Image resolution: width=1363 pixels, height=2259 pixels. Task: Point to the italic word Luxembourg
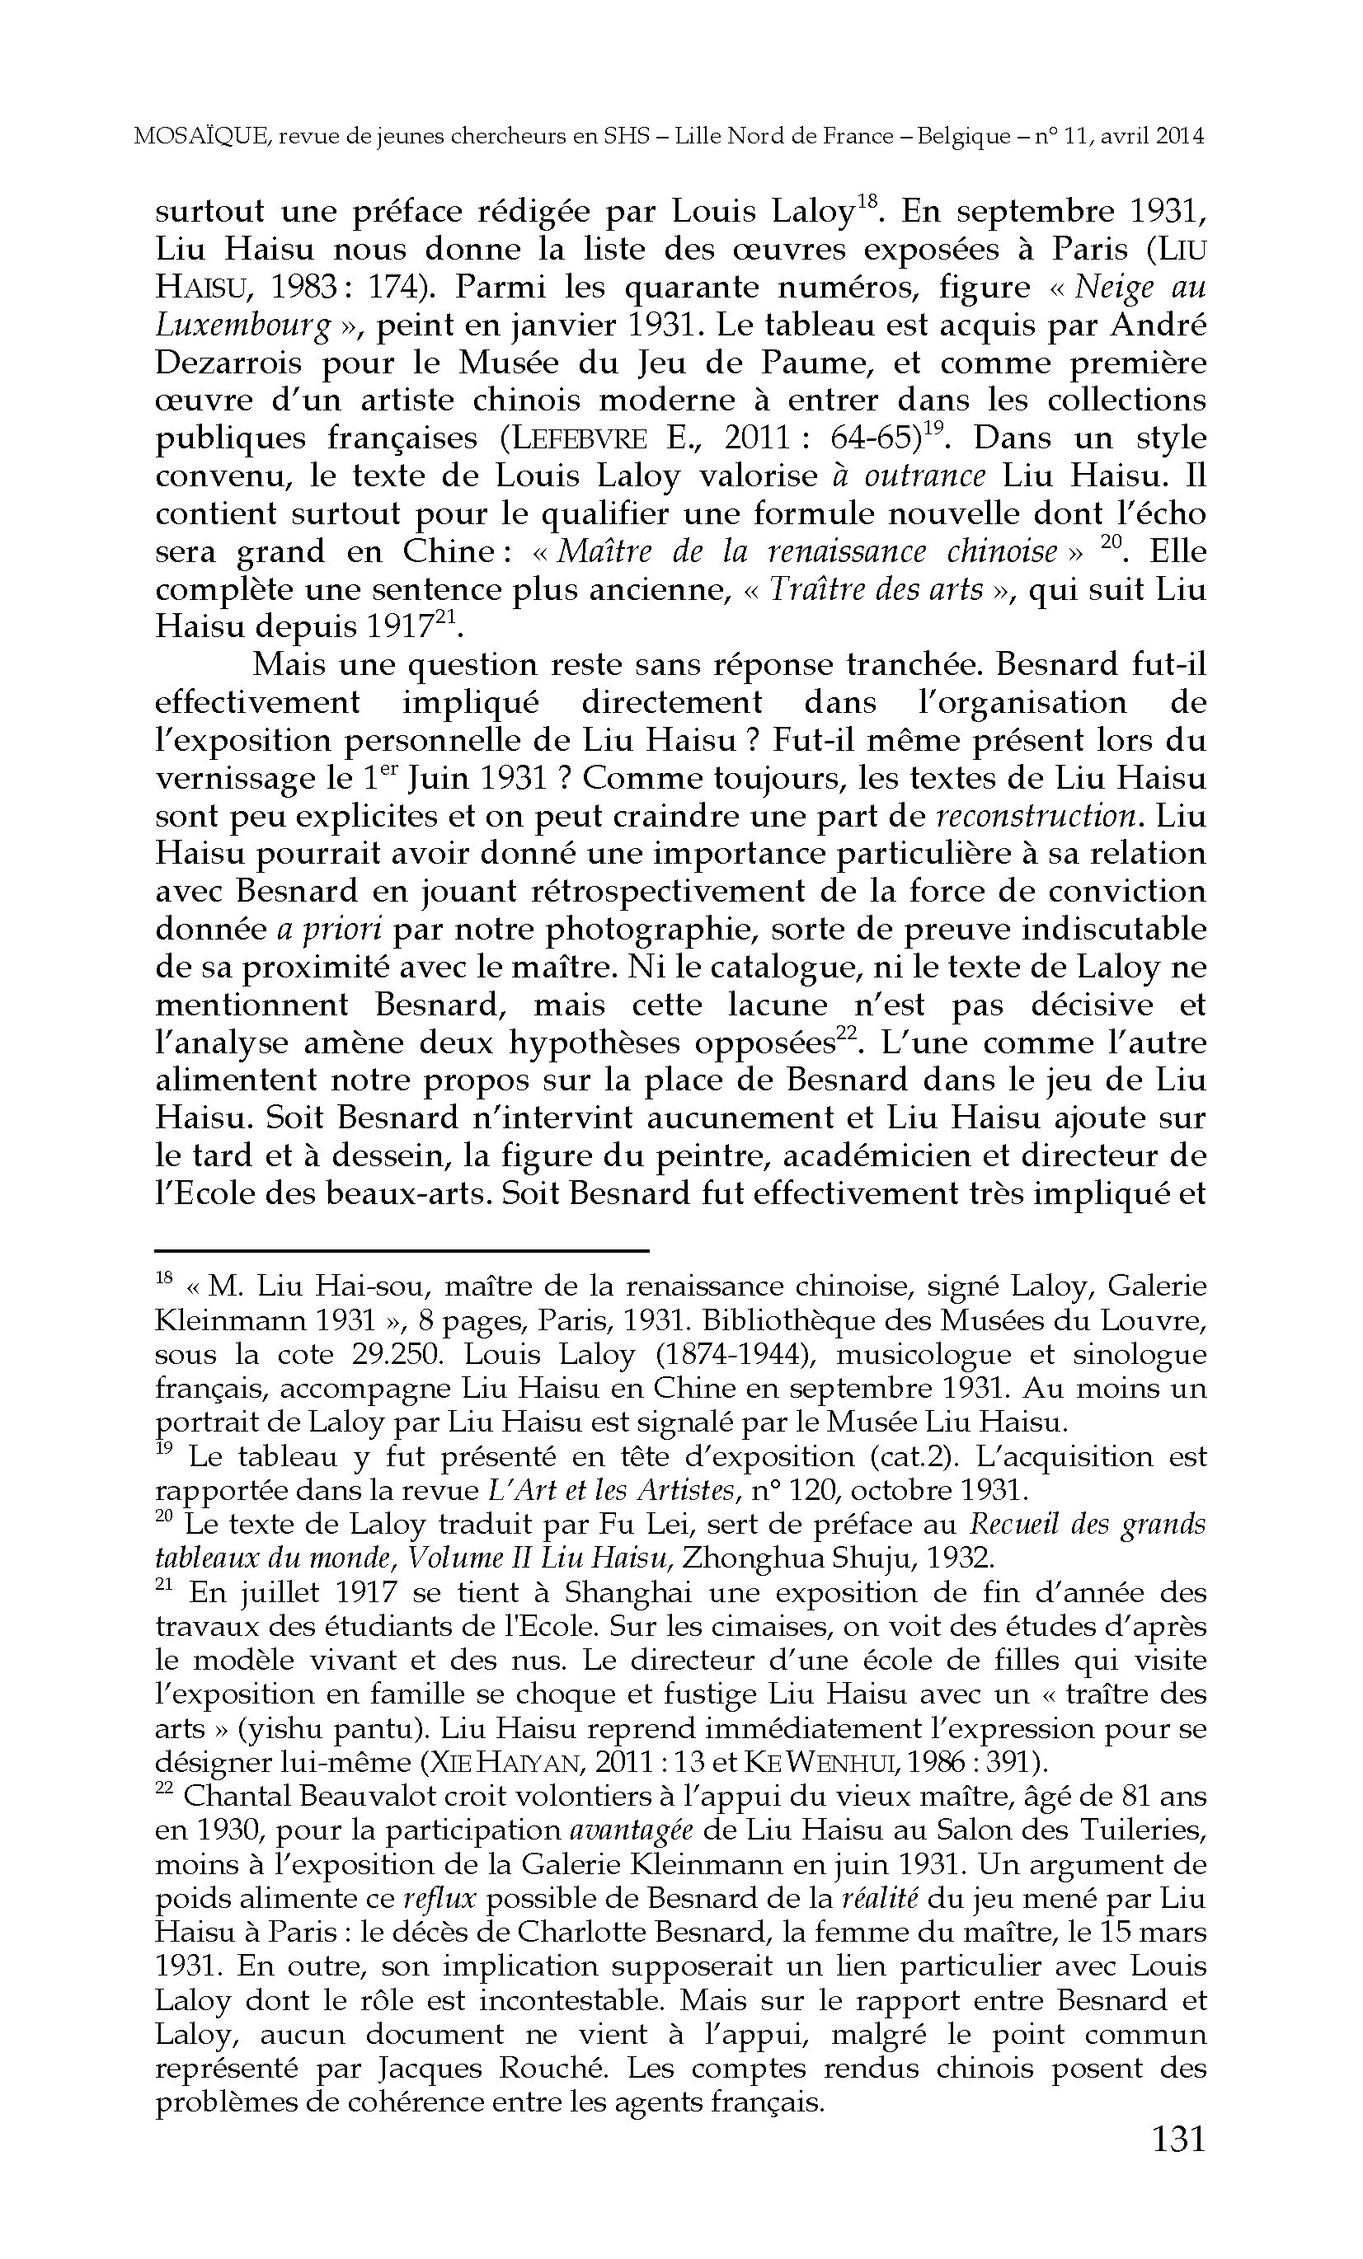click(x=243, y=326)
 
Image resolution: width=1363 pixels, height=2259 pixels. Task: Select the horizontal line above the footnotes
click(x=402, y=1249)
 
